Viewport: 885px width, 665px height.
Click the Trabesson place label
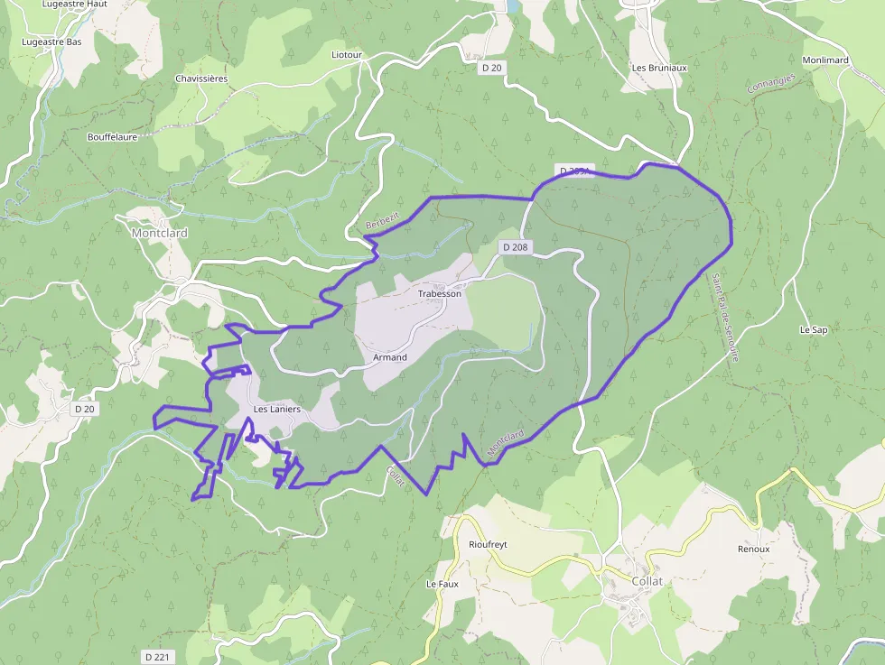pyautogui.click(x=440, y=294)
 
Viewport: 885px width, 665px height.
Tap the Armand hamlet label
pyautogui.click(x=390, y=357)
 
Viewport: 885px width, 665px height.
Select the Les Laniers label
pyautogui.click(x=276, y=410)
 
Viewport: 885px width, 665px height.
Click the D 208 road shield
pyautogui.click(x=515, y=247)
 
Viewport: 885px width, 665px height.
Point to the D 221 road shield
pyautogui.click(x=157, y=657)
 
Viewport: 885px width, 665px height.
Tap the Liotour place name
pyautogui.click(x=347, y=55)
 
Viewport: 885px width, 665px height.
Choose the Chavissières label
pyautogui.click(x=201, y=79)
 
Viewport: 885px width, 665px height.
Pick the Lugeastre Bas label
pyautogui.click(x=52, y=42)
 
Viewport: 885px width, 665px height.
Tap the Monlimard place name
pyautogui.click(x=825, y=60)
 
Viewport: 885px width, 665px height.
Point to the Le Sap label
pyautogui.click(x=814, y=330)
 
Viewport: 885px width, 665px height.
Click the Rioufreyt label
pyautogui.click(x=489, y=545)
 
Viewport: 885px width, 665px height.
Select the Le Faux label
pyautogui.click(x=442, y=584)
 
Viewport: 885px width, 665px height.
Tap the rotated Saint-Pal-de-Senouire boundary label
pyautogui.click(x=724, y=317)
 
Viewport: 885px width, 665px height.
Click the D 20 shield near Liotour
pyautogui.click(x=491, y=68)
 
